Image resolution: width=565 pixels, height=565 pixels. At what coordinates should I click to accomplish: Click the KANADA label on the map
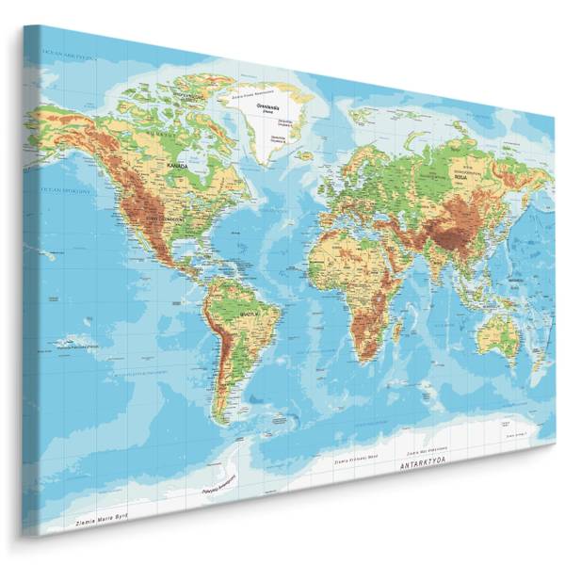177,165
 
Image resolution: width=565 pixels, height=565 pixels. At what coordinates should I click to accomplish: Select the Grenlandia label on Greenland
270,107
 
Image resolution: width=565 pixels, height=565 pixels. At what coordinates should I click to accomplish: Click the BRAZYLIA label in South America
250,313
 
